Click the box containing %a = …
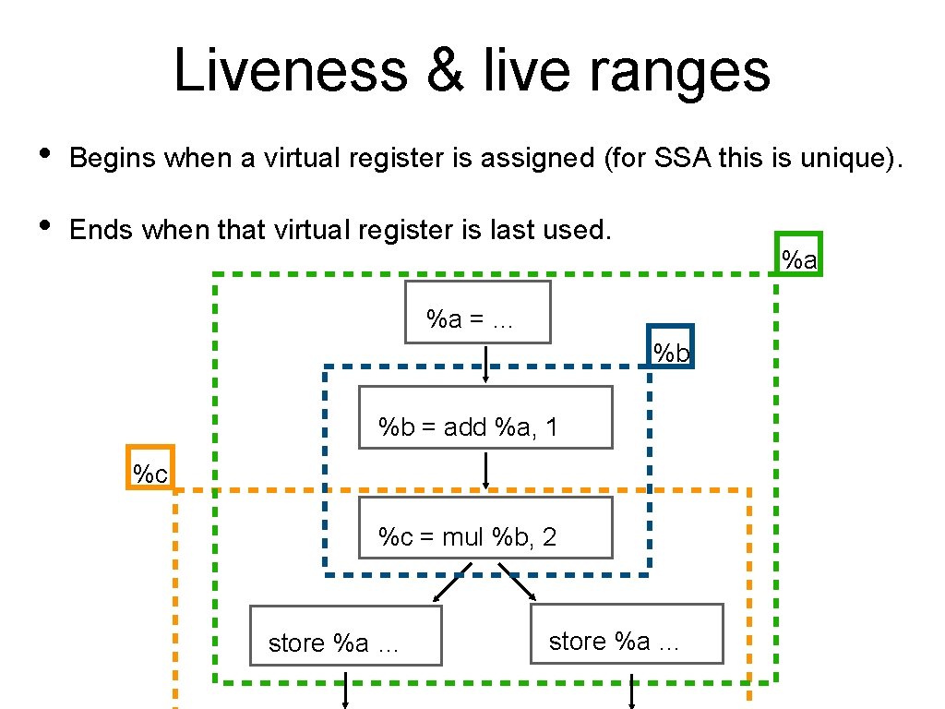click(x=478, y=312)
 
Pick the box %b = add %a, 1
click(x=485, y=417)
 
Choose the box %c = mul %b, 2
click(x=485, y=528)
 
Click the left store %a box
click(x=345, y=636)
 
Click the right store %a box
click(x=627, y=633)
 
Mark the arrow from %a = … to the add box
click(x=486, y=364)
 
